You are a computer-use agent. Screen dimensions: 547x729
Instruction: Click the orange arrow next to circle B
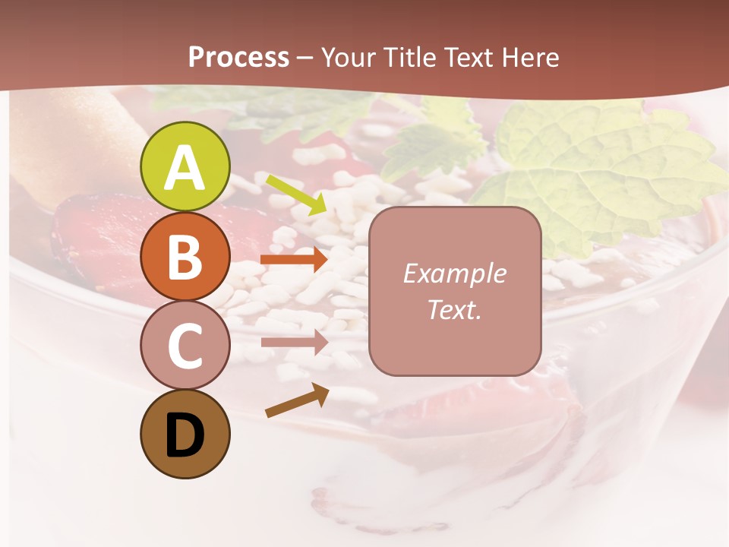point(294,259)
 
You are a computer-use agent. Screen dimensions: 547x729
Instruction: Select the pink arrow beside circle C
point(294,342)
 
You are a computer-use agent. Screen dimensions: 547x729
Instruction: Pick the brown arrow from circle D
point(296,400)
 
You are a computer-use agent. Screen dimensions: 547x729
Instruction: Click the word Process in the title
point(238,57)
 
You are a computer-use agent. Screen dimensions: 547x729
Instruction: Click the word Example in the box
point(455,273)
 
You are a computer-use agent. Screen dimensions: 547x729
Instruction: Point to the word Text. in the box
point(455,309)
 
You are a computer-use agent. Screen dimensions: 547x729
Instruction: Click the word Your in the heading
point(349,57)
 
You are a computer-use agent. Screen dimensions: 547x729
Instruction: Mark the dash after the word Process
point(305,58)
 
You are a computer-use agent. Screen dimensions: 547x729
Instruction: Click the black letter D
point(185,435)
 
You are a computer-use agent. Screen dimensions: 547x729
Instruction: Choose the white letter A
point(185,167)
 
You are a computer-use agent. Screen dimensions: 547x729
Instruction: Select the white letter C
point(185,346)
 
